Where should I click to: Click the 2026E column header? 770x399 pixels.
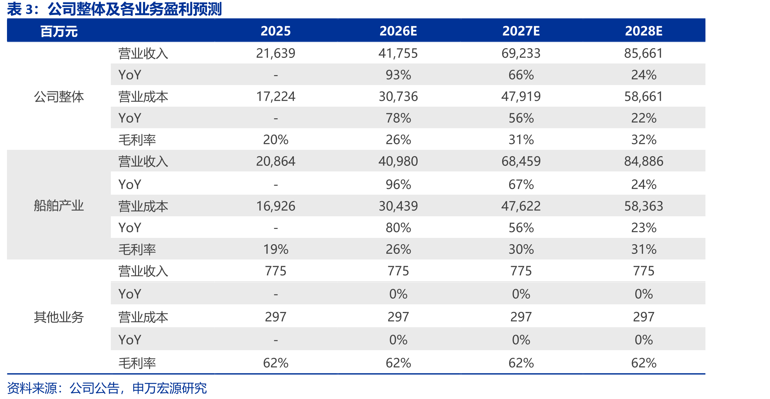pyautogui.click(x=398, y=31)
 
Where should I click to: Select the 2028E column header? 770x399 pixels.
pyautogui.click(x=644, y=31)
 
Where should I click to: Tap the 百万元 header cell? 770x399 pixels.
pyautogui.click(x=59, y=32)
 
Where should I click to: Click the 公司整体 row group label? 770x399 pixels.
pyautogui.click(x=59, y=97)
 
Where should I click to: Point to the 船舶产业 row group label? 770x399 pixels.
pyautogui.click(x=59, y=206)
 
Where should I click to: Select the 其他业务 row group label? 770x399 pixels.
pyautogui.click(x=59, y=317)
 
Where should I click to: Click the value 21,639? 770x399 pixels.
pyautogui.click(x=276, y=53)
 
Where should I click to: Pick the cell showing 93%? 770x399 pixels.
pyautogui.click(x=398, y=75)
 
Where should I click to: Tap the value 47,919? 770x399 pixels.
pyautogui.click(x=521, y=96)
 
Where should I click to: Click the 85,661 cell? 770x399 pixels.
pyautogui.click(x=644, y=53)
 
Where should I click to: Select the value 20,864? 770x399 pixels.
pyautogui.click(x=276, y=161)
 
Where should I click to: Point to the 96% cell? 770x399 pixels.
pyautogui.click(x=398, y=184)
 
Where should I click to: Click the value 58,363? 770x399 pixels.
pyautogui.click(x=644, y=206)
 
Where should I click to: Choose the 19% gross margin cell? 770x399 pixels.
pyautogui.click(x=276, y=249)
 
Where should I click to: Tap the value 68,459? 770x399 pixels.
pyautogui.click(x=521, y=161)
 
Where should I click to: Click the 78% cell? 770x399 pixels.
pyautogui.click(x=398, y=118)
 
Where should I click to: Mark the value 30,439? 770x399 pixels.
pyautogui.click(x=398, y=206)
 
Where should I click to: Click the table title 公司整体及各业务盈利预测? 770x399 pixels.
pyautogui.click(x=135, y=9)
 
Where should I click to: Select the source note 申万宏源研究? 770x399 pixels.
pyautogui.click(x=169, y=388)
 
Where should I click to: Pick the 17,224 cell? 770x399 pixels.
pyautogui.click(x=276, y=96)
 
